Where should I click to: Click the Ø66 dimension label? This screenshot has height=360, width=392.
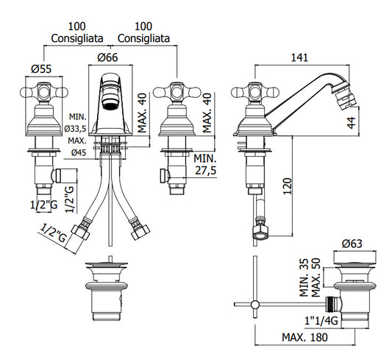click(108, 57)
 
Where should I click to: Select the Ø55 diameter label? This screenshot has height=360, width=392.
click(41, 68)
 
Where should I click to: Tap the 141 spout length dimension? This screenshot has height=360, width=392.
click(300, 57)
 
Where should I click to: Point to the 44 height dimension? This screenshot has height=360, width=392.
click(352, 123)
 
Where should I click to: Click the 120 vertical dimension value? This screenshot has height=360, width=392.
click(288, 186)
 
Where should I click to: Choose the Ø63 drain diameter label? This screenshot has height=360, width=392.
click(352, 244)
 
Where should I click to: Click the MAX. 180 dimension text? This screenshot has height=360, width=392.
click(304, 337)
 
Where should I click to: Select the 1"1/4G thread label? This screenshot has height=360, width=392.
click(321, 320)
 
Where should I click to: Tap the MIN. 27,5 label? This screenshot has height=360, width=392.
click(205, 164)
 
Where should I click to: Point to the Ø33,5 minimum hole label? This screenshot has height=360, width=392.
click(75, 129)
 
